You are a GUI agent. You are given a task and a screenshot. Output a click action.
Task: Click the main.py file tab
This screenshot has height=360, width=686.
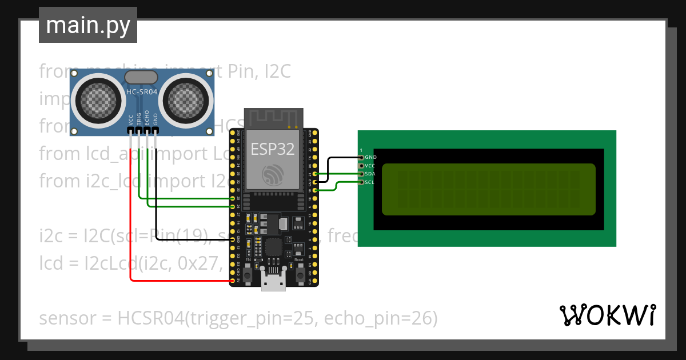87,25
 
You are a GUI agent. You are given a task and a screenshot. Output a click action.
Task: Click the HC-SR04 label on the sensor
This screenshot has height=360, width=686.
142,91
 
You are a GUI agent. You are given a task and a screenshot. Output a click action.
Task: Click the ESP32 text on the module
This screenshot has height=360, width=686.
273,149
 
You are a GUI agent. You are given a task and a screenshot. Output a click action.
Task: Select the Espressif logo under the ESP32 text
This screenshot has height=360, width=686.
273,174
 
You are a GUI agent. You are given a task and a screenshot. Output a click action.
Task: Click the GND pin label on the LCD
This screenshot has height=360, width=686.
370,157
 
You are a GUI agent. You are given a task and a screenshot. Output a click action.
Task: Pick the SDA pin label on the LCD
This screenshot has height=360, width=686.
370,173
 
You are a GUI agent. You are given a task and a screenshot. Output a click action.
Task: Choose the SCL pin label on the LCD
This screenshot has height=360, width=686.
370,182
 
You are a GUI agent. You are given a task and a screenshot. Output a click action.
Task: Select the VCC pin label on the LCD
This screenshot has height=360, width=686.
370,165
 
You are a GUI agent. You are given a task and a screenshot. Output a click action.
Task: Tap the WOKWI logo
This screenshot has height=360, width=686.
607,315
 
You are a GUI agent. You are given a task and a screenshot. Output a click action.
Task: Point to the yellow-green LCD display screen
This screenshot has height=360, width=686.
488,189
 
